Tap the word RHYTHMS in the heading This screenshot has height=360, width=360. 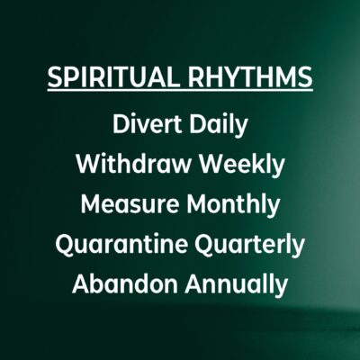(250, 76)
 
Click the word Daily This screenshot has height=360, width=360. (218, 126)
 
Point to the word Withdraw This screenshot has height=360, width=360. (133, 164)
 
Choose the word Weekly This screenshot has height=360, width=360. (242, 166)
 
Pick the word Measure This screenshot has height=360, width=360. (130, 204)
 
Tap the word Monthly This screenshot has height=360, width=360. (233, 206)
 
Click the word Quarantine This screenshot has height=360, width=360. (121, 245)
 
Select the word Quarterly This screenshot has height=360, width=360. (249, 246)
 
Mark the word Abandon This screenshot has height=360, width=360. (125, 283)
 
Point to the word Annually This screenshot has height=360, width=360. (237, 285)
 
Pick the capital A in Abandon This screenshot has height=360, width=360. (81, 284)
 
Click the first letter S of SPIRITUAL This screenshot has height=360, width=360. (55, 76)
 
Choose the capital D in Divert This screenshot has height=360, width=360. (121, 124)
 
